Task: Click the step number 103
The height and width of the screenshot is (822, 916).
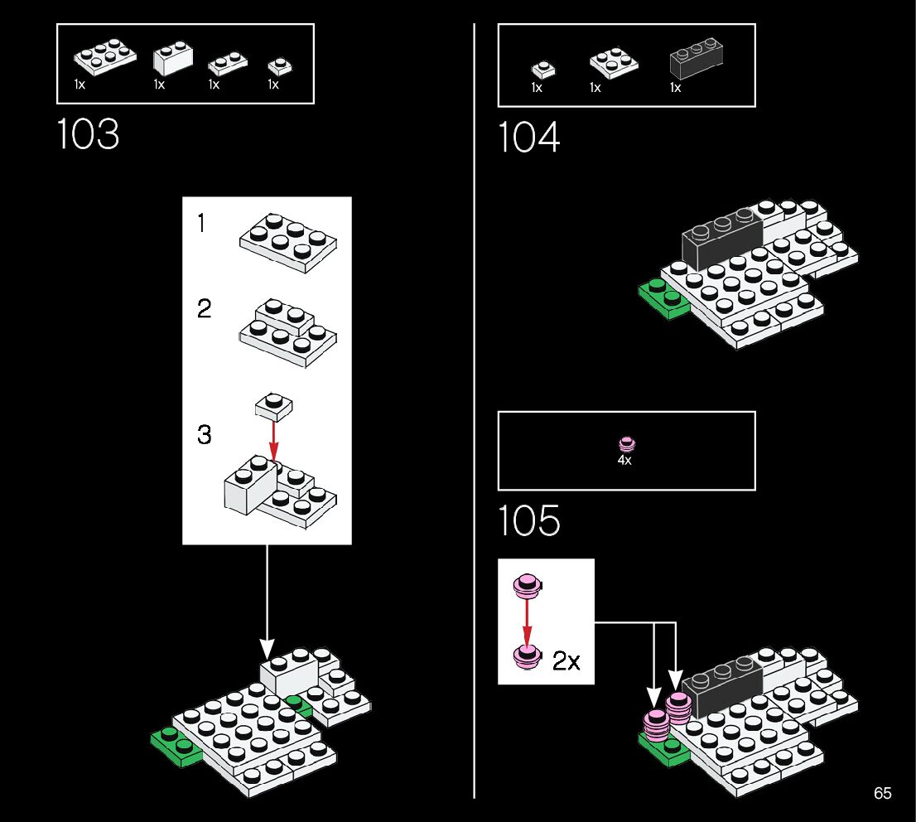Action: pos(88,135)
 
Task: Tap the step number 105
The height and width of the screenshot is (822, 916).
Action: pos(529,521)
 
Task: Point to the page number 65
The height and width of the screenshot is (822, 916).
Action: pos(882,794)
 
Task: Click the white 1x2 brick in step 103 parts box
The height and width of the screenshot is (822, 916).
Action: pos(173,59)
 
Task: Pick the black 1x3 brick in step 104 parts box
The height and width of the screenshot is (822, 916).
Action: pos(695,62)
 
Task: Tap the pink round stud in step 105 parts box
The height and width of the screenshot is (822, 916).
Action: pos(625,443)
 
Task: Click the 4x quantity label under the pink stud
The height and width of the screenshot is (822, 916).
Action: pos(624,460)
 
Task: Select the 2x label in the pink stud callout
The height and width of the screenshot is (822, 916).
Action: pos(566,661)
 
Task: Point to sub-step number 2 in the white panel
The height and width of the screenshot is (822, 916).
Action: pos(204,309)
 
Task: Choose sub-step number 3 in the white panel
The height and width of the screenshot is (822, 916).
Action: pos(204,434)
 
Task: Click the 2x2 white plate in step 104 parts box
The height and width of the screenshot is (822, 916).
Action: pos(614,62)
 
